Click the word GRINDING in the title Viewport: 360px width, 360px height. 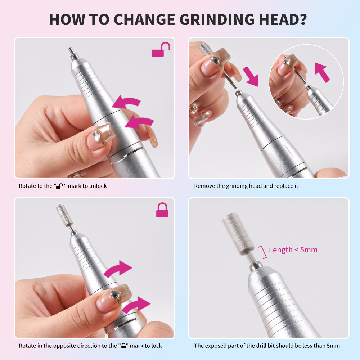click(217, 19)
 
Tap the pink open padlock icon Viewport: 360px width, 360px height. click(161, 50)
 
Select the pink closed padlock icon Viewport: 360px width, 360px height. click(162, 210)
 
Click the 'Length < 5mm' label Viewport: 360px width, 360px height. click(293, 250)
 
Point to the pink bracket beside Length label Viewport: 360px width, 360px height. click(264, 252)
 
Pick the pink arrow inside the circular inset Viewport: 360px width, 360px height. click(322, 72)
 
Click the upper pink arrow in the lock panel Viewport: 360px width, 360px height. click(118, 268)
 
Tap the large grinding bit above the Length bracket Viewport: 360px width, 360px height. click(238, 233)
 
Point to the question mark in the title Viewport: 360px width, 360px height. click(303, 19)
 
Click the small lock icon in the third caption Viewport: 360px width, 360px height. click(123, 346)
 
